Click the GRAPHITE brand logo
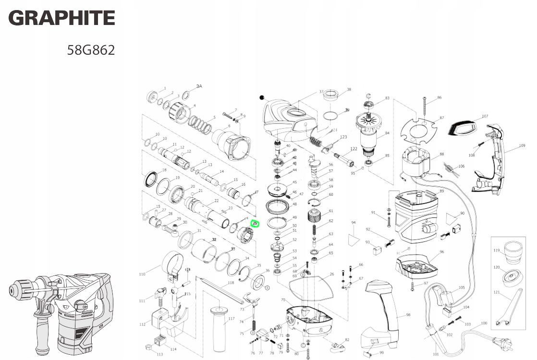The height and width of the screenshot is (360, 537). coord(61,18)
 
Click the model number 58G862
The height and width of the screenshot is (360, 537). coord(91,50)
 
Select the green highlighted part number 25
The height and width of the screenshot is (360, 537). coord(255,223)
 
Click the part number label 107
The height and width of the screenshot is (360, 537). coord(485,116)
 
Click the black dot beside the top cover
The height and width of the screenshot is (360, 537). coord(262,97)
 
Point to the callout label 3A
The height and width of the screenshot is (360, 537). coord(199,86)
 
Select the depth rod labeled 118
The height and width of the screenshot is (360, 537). coord(221,291)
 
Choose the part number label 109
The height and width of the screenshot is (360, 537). coord(522,145)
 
